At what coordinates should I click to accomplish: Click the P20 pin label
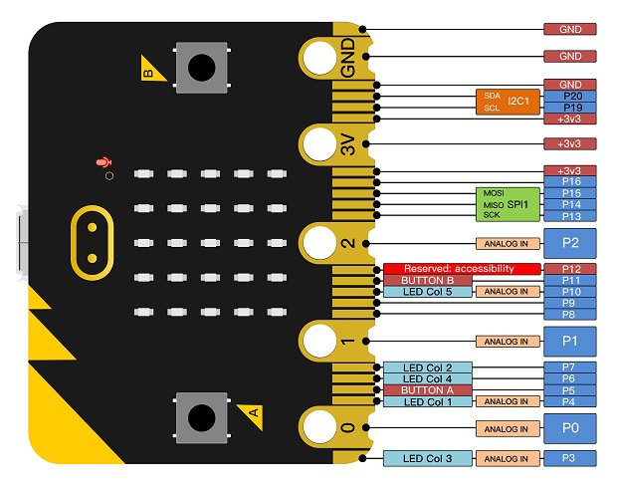pos(570,96)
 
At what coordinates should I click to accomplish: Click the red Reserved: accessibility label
pos(462,269)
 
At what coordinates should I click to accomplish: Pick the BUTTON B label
pos(427,281)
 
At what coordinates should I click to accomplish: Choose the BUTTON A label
pos(427,390)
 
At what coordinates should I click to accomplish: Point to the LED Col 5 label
pos(427,293)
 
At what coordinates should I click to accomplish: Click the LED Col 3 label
pos(427,458)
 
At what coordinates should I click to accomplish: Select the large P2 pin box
pos(570,243)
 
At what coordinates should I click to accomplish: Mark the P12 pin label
pos(570,269)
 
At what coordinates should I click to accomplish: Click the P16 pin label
pos(570,181)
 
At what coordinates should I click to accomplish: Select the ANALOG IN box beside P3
pos(508,458)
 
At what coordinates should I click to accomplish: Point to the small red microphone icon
pos(101,162)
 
